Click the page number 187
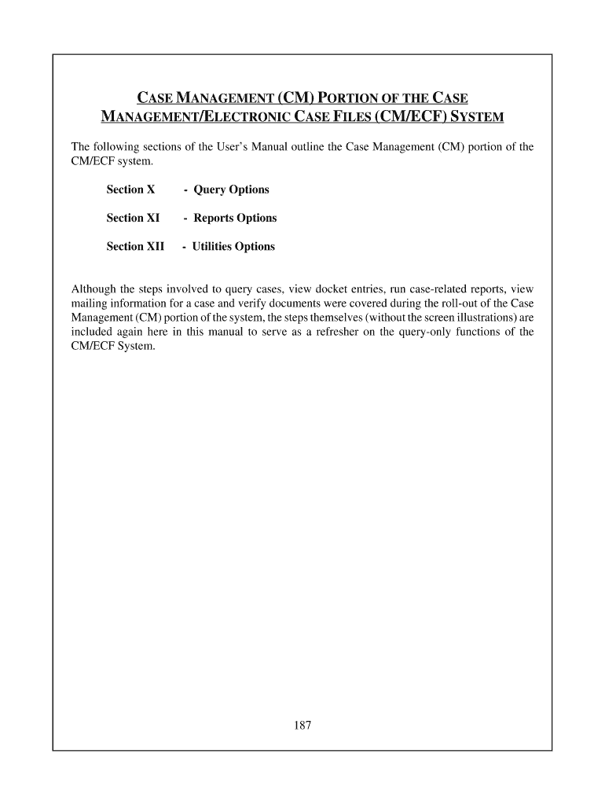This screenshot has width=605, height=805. pos(302,726)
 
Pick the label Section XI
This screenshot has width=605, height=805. pos(133,218)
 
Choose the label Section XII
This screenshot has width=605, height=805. pos(135,246)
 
